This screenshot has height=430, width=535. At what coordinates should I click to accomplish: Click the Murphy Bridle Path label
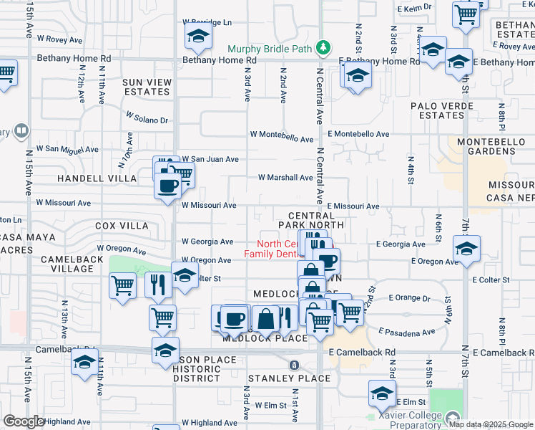click(271, 49)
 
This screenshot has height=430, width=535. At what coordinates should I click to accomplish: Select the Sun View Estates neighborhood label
click(147, 87)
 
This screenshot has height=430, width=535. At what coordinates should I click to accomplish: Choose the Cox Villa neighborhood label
click(122, 226)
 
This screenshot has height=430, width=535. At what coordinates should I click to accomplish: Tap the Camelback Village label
click(67, 264)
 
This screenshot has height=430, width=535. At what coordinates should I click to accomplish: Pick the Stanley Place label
click(289, 378)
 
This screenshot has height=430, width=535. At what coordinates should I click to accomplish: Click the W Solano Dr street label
click(147, 117)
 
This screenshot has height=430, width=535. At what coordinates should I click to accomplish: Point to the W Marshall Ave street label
click(285, 178)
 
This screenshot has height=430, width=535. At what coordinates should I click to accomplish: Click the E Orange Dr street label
click(411, 297)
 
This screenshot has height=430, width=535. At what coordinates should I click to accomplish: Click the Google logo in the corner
click(24, 421)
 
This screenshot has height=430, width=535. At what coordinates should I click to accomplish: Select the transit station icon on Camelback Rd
click(293, 365)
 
